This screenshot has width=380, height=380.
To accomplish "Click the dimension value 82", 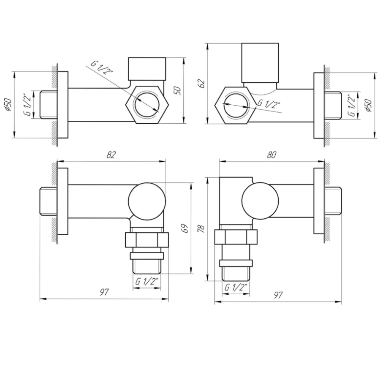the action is click(x=111, y=155).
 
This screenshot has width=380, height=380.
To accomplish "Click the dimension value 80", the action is click(x=271, y=155).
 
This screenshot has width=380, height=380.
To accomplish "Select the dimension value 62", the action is click(x=202, y=84).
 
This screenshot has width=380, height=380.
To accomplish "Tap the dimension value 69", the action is click(x=185, y=228).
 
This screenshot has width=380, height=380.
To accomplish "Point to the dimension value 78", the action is click(x=201, y=228).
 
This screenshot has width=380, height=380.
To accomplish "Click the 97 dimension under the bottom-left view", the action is click(x=104, y=292).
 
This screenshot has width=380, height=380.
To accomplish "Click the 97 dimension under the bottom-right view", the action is click(x=278, y=295).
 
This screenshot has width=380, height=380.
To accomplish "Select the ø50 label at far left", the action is click(x=8, y=104).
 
